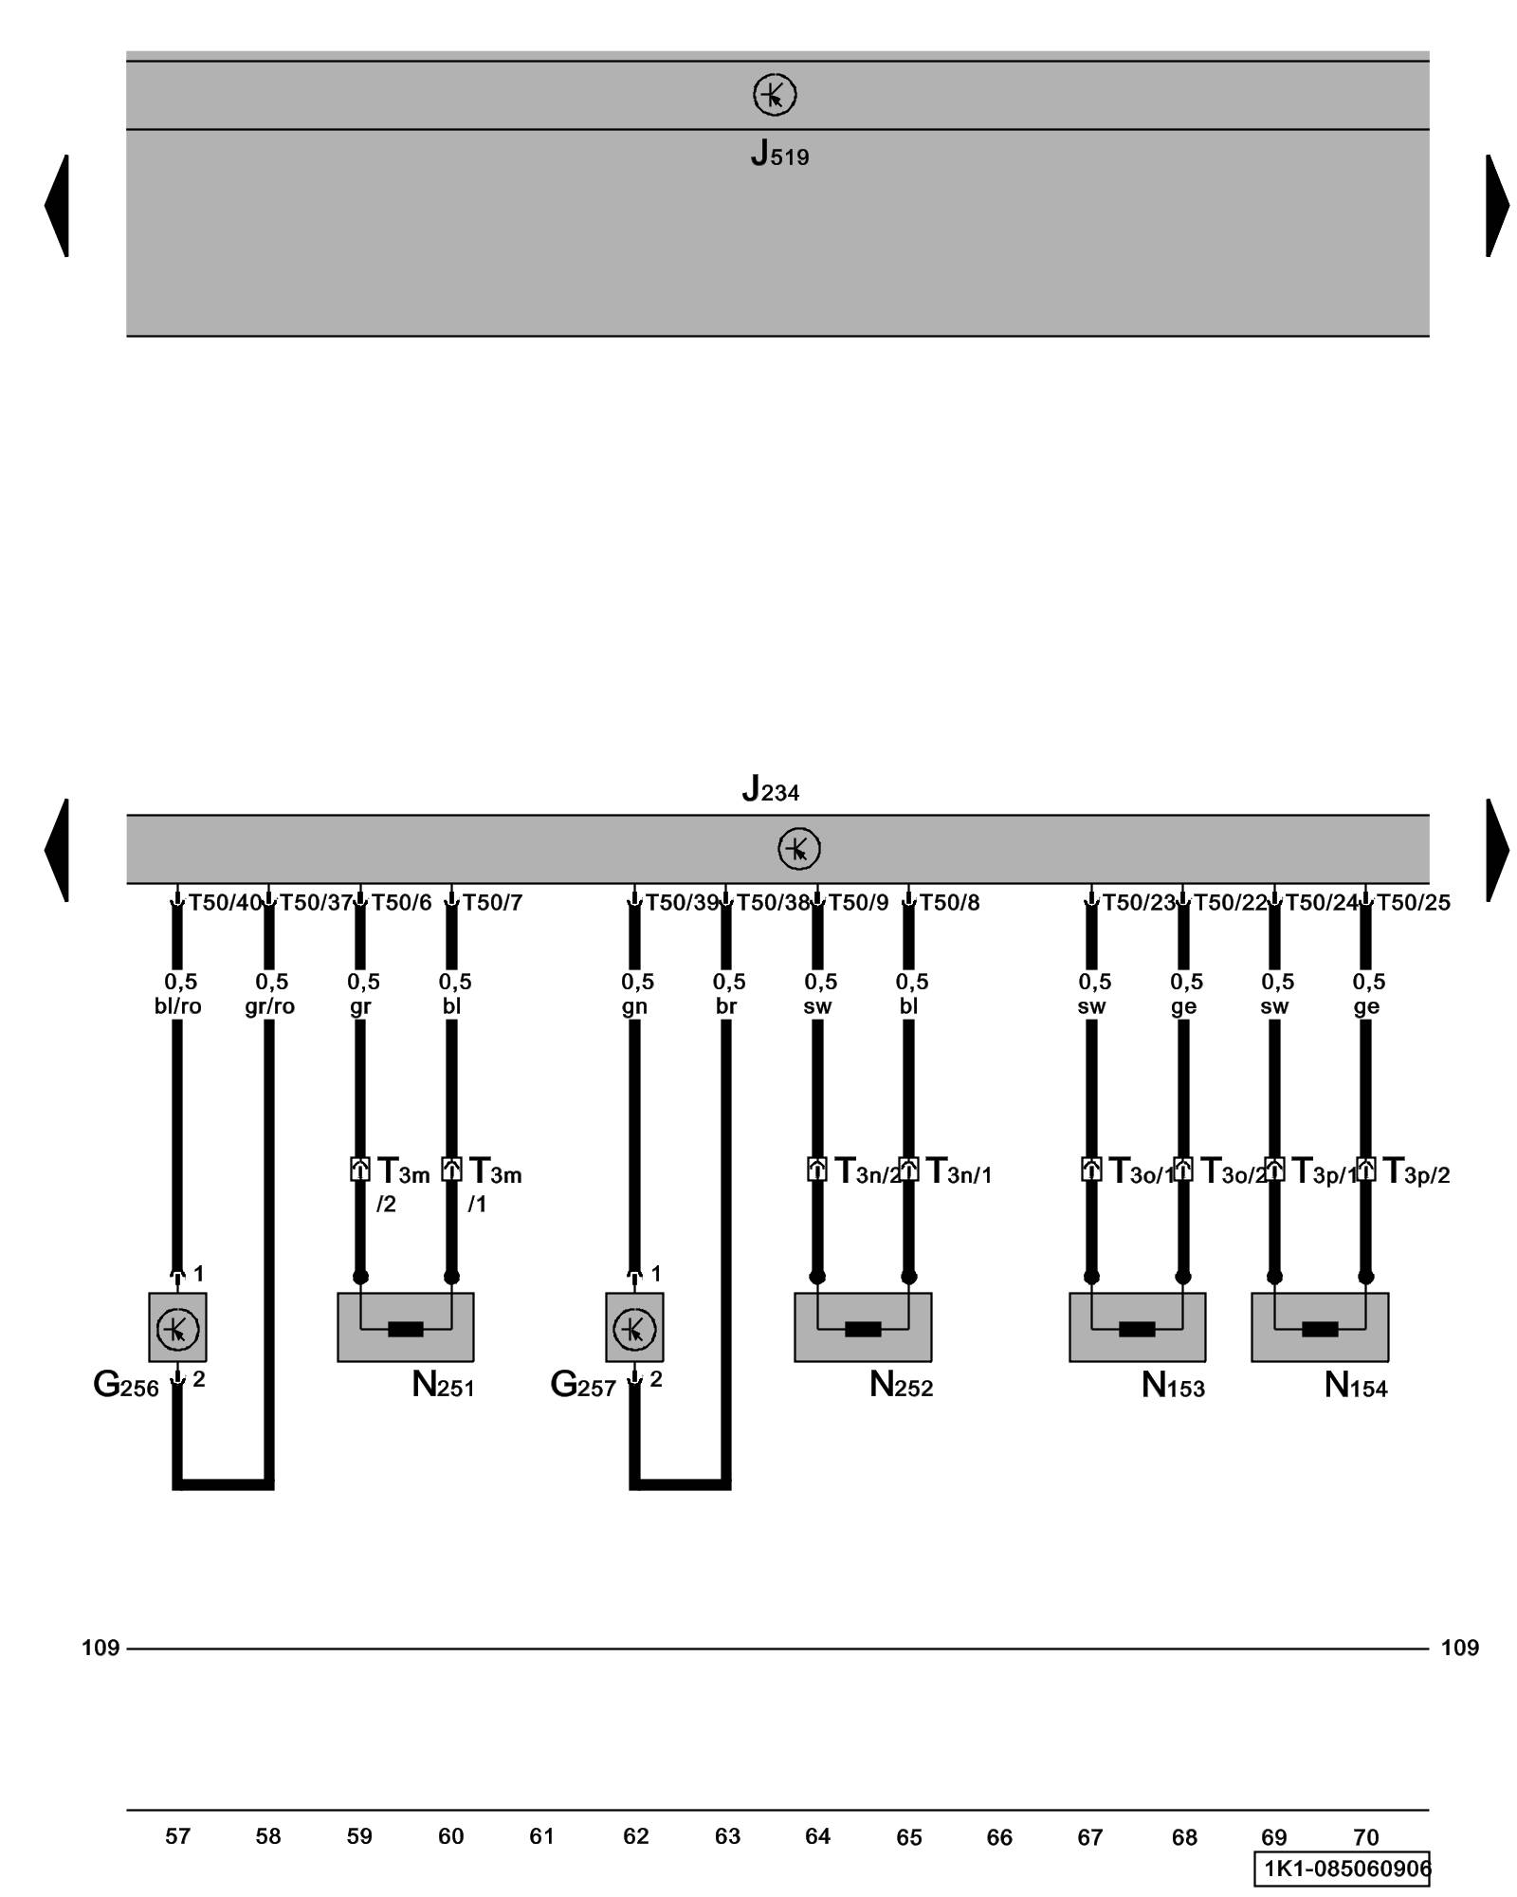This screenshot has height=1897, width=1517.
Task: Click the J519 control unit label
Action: pos(779,154)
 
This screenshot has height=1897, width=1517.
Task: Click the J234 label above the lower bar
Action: pos(770,789)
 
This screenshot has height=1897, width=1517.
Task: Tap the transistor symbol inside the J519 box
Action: pos(775,96)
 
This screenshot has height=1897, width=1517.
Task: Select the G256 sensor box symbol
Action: pos(177,1328)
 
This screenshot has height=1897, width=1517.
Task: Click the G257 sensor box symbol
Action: pos(634,1328)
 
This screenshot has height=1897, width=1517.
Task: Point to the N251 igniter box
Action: pos(406,1328)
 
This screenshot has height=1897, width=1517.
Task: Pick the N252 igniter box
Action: pos(863,1328)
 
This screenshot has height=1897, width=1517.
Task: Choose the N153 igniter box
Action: pos(1137,1328)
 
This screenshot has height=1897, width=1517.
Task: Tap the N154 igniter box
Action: pos(1320,1328)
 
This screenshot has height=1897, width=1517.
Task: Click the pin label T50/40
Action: pos(225,903)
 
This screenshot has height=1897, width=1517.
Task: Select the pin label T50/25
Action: pos(1413,903)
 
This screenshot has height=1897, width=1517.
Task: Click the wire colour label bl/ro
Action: pos(178,1006)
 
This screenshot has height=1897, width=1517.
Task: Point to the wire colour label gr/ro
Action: pos(270,1006)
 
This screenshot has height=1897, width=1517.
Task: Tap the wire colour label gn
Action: pos(634,1006)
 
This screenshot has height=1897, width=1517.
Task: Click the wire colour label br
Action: pos(726,1006)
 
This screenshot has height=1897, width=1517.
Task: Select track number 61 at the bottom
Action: pos(541,1836)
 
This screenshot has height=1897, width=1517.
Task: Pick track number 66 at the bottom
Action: pos(999,1837)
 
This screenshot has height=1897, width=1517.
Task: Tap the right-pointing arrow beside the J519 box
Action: pos(1496,205)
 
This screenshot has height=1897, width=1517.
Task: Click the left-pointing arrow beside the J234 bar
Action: pos(57,850)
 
